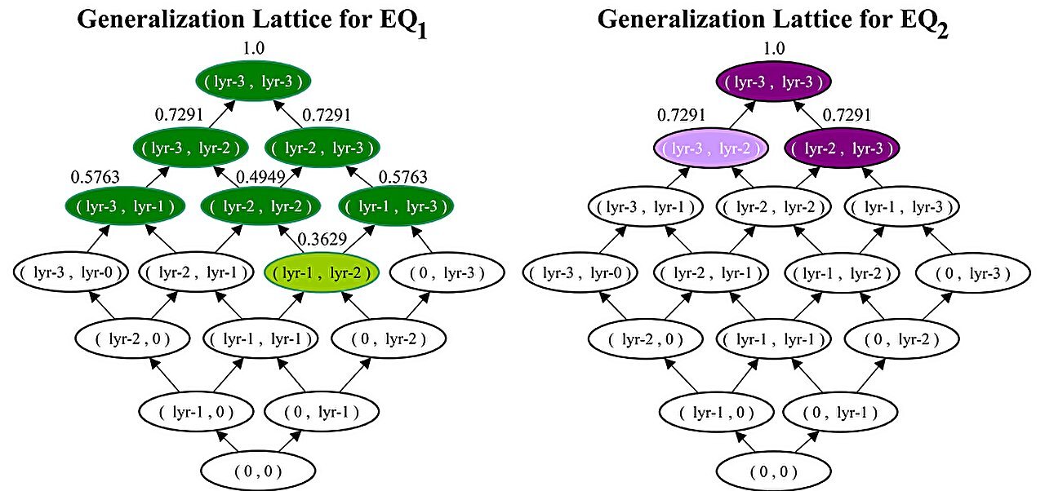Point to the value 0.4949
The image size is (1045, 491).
(257, 177)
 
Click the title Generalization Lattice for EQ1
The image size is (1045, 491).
(253, 21)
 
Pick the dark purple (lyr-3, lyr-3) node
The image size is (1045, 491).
(774, 82)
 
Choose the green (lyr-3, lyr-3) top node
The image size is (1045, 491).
(254, 82)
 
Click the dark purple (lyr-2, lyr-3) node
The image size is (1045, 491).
(843, 148)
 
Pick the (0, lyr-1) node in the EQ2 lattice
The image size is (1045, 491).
(838, 412)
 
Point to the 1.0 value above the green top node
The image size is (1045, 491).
(254, 49)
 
